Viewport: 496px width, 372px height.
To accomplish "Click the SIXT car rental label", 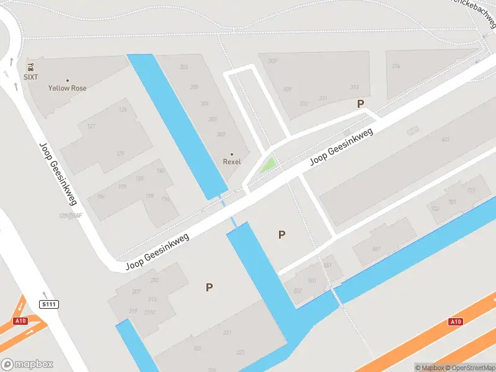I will coord(31,77).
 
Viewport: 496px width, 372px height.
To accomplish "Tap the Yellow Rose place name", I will coord(67,88).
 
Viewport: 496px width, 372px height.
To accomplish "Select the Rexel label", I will coord(232,161).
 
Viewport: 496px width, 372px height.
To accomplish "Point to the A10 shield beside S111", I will coord(21,321).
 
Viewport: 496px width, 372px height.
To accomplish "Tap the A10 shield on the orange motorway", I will coord(456,321).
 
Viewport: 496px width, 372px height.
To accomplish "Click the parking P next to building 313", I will coord(360,104).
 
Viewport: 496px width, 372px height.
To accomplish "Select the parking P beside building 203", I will coord(210,287).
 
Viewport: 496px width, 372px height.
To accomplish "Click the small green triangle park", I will coord(268,165).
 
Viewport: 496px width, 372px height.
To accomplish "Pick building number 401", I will coord(445,139).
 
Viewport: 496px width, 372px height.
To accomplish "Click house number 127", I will coord(91,126).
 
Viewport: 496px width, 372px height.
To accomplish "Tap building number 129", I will coord(120,153).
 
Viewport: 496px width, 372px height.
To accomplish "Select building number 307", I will coord(272,61).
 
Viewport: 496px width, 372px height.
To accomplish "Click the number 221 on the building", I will coord(227,333).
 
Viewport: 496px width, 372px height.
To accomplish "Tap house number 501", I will coord(312,280).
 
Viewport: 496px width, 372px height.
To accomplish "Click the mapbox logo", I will coord(27,365).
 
